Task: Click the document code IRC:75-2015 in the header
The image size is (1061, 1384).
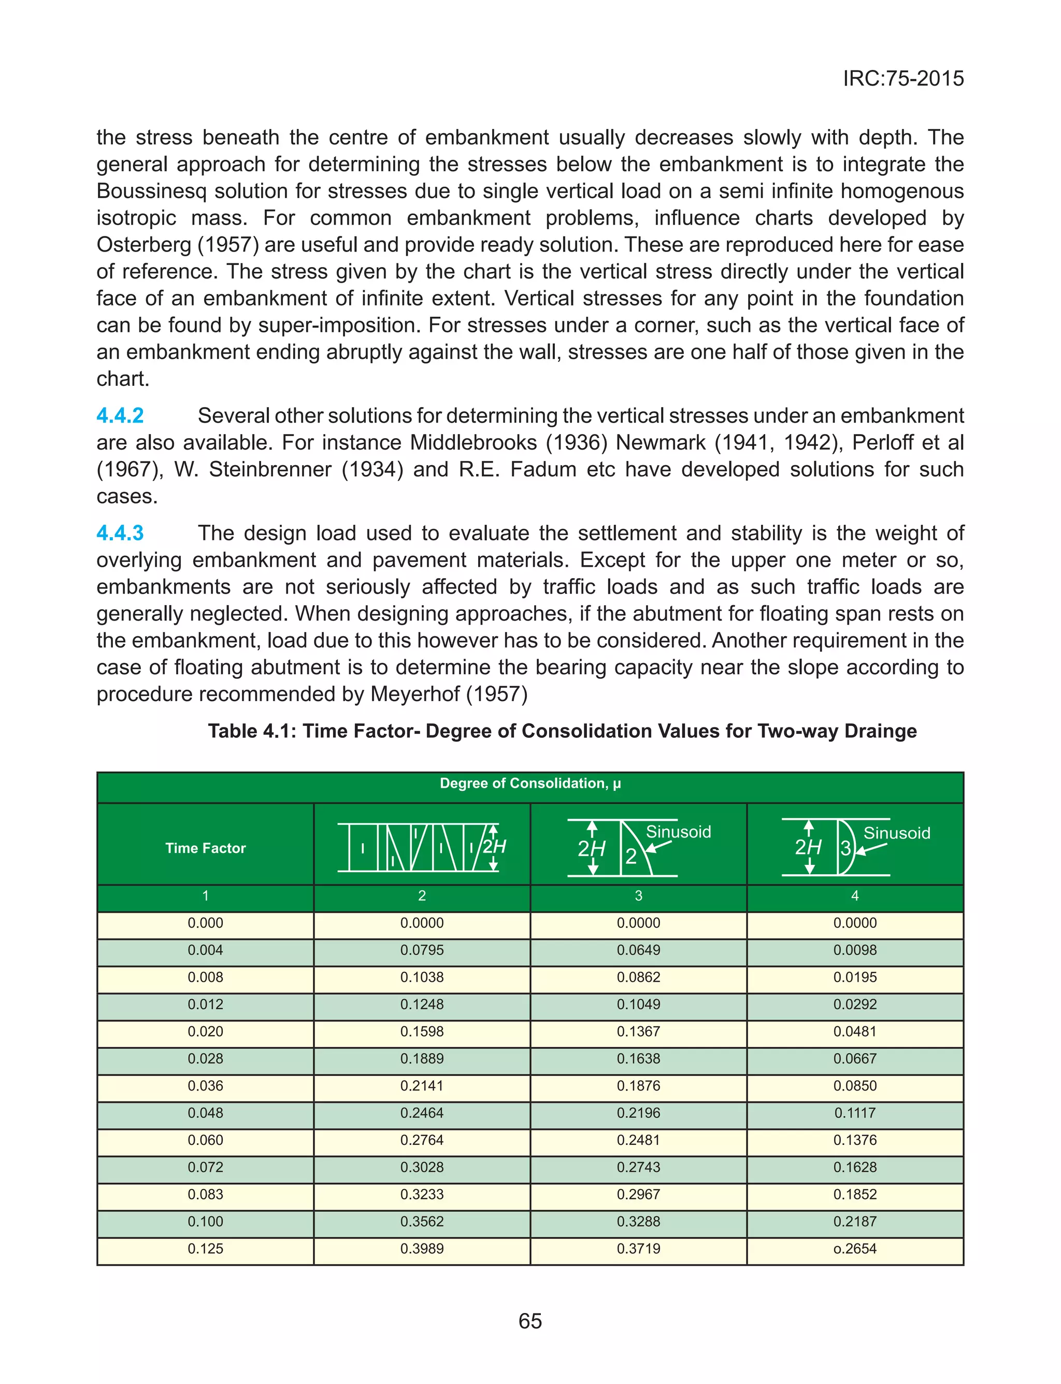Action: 903,78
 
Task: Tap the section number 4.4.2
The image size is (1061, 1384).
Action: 120,416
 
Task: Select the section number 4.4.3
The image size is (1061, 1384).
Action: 120,533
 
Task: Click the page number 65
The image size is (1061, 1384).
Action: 530,1321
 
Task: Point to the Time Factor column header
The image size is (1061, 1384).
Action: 205,848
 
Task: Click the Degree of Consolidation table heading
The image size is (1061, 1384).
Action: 530,784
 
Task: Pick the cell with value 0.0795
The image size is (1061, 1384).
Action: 422,950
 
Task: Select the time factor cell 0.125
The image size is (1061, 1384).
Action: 205,1249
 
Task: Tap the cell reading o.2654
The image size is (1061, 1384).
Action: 854,1249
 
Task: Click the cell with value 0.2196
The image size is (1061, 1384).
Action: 638,1113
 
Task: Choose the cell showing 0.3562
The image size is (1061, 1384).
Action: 422,1222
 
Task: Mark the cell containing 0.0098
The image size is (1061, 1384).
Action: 854,950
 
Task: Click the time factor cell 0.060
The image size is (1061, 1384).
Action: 205,1140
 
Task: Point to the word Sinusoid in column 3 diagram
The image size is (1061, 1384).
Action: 678,832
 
